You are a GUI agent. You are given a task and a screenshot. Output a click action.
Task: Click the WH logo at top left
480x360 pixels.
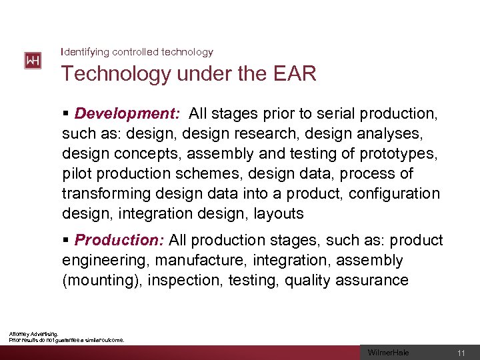33,61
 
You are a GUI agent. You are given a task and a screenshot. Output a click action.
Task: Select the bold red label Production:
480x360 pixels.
119,240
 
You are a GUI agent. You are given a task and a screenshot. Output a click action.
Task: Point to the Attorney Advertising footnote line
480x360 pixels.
33,334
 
